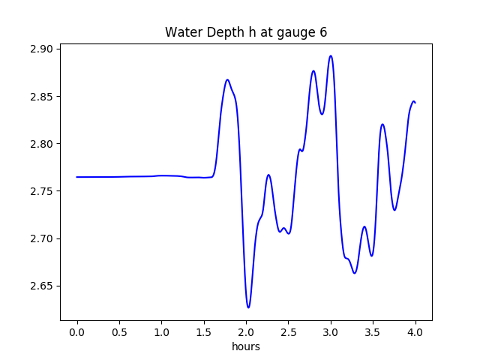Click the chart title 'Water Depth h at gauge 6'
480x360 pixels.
pyautogui.click(x=246, y=32)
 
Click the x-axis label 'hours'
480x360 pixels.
pyautogui.click(x=246, y=347)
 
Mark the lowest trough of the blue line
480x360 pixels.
pyautogui.click(x=248, y=307)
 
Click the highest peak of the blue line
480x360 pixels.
pyautogui.click(x=331, y=55)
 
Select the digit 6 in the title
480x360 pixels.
pyautogui.click(x=323, y=32)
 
